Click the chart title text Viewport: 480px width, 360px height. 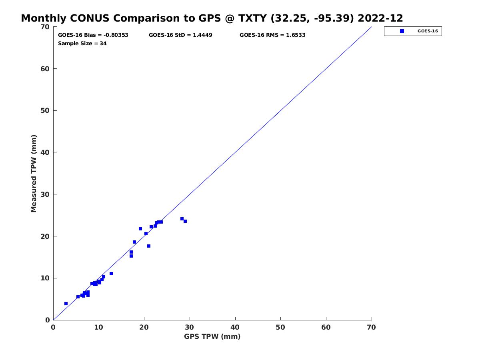[x=212, y=18]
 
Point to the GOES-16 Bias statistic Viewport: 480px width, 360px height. [x=93, y=35]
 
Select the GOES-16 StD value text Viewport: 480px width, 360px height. [x=180, y=35]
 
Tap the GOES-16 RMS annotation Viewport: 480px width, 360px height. [x=272, y=35]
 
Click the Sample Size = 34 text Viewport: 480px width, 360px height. [x=82, y=43]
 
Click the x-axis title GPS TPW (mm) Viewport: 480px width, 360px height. [x=212, y=336]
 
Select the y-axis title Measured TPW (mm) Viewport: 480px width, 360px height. [x=34, y=174]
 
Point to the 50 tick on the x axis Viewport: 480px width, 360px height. [x=281, y=328]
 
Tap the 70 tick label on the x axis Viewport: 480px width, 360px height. [x=372, y=328]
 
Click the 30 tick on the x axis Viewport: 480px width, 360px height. [x=190, y=328]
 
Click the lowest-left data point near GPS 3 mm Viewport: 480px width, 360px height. [x=66, y=304]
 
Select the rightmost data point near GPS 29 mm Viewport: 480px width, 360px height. [x=185, y=221]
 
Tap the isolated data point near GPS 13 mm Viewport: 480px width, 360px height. [x=111, y=274]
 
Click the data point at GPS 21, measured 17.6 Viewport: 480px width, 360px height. [x=149, y=246]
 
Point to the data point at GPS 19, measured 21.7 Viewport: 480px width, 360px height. [x=140, y=229]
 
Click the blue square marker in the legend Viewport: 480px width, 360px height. [x=402, y=31]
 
